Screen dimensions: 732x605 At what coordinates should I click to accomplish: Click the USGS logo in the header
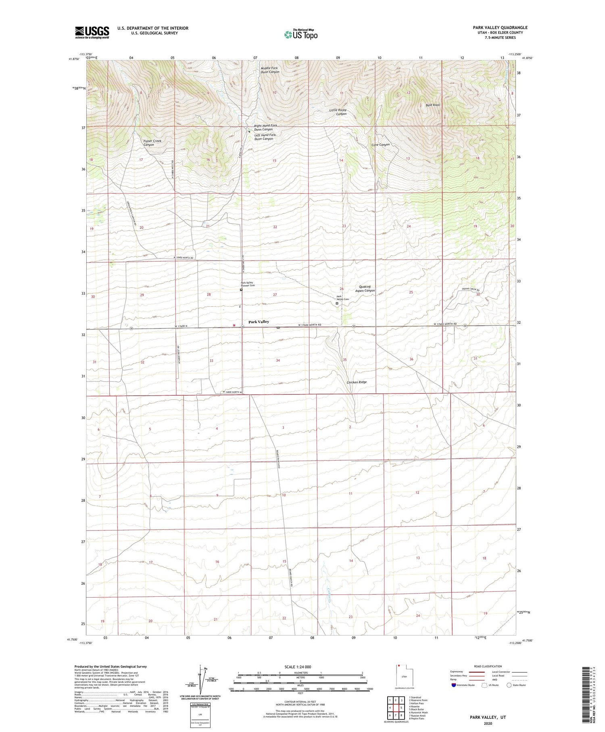(92, 32)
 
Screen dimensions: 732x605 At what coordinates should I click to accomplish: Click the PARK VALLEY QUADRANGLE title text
(500, 27)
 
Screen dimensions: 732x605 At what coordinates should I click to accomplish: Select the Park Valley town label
(259, 322)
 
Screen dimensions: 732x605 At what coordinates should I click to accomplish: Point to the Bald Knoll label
(433, 105)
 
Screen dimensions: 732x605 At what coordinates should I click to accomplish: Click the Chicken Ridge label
(357, 382)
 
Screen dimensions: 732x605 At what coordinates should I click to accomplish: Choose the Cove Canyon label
(380, 145)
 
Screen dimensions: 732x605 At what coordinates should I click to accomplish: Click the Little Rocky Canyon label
(338, 112)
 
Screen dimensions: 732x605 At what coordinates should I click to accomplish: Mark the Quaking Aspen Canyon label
(365, 288)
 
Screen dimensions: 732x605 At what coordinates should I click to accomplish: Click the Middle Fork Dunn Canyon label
(269, 70)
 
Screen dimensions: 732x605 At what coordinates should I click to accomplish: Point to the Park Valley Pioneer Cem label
(248, 284)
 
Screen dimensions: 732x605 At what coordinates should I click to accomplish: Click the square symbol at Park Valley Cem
(337, 303)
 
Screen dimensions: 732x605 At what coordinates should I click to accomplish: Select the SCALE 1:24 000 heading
(300, 667)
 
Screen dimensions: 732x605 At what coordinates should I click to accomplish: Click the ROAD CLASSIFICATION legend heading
(488, 666)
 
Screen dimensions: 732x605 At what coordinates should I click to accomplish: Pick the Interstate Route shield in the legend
(454, 685)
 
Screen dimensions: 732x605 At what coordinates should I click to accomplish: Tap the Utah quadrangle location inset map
(403, 676)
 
